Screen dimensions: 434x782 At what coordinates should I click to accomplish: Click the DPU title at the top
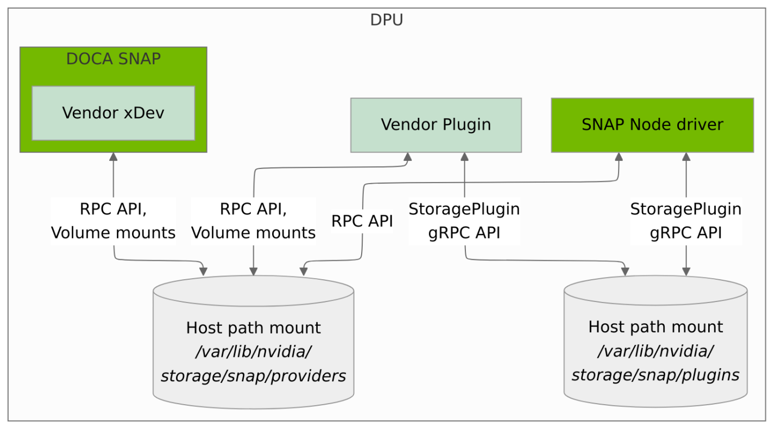point(386,20)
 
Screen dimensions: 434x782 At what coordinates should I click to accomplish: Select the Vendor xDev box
point(113,113)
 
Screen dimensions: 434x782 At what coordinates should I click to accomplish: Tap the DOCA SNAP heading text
point(113,59)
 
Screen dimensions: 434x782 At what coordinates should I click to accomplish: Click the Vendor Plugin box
point(436,125)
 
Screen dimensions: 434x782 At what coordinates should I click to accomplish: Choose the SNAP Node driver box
point(652,125)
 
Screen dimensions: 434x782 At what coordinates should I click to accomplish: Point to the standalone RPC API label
point(362,221)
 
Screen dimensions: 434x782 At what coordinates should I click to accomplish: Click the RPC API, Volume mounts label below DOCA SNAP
point(113,221)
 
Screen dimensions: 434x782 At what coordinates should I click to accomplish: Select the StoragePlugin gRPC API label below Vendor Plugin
point(464,221)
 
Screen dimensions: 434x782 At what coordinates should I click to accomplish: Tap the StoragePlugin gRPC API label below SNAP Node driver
point(685,221)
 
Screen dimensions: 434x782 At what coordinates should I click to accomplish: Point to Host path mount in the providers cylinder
point(253,328)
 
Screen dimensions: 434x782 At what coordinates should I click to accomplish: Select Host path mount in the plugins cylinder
point(655,327)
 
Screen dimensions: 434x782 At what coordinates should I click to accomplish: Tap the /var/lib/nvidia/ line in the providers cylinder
point(253,352)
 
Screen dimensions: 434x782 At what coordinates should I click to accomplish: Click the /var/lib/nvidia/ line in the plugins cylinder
point(655,351)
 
